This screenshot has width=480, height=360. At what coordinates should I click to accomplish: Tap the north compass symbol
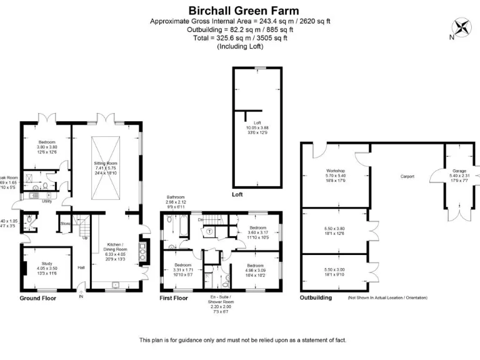point(462,27)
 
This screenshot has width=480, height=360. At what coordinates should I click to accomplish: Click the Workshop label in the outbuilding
point(336,171)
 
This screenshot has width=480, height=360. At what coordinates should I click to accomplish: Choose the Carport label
point(407,177)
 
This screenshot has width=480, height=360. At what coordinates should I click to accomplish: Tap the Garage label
point(459,171)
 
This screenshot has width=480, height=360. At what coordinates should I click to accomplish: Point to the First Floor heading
point(173,299)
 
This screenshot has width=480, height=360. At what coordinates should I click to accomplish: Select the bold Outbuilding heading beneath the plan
point(316,299)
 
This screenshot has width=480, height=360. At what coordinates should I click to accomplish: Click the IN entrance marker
point(80,297)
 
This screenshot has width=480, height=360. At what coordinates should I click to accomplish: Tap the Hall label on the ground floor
point(81,267)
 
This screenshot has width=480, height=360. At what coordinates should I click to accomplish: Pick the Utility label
point(46,201)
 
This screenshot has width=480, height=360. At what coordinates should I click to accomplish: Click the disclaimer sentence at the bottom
point(242,340)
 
